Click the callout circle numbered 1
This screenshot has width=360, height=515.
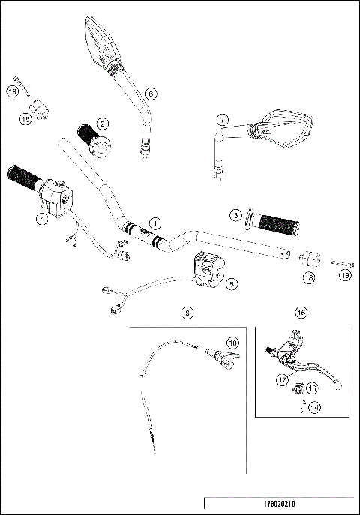pos(154,223)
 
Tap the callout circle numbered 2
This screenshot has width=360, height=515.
pos(102,123)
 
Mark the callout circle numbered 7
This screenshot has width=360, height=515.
pos(221,119)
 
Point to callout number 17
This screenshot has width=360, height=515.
pos(283,379)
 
